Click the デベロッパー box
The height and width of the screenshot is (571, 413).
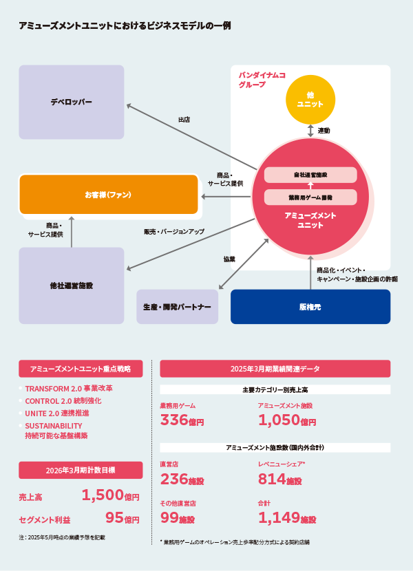pos(71,102)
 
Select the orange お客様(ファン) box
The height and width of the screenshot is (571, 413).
pos(108,195)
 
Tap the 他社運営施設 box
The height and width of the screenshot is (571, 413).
pos(71,285)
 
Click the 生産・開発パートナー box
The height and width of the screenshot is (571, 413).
pos(177,306)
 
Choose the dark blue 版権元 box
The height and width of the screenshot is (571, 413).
pos(310,306)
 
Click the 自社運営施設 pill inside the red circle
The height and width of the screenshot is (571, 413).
pos(310,175)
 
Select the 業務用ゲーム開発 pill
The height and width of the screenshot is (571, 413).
pos(310,197)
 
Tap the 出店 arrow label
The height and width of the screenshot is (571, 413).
pos(184,120)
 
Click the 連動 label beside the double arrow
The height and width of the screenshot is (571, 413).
pos(324,130)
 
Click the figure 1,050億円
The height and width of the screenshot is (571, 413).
pos(286,420)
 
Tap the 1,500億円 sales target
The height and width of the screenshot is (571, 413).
pos(110,495)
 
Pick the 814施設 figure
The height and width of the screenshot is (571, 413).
pos(279,480)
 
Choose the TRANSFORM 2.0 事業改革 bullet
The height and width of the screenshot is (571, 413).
pos(69,388)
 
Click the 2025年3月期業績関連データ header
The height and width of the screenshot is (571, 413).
pos(275,369)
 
